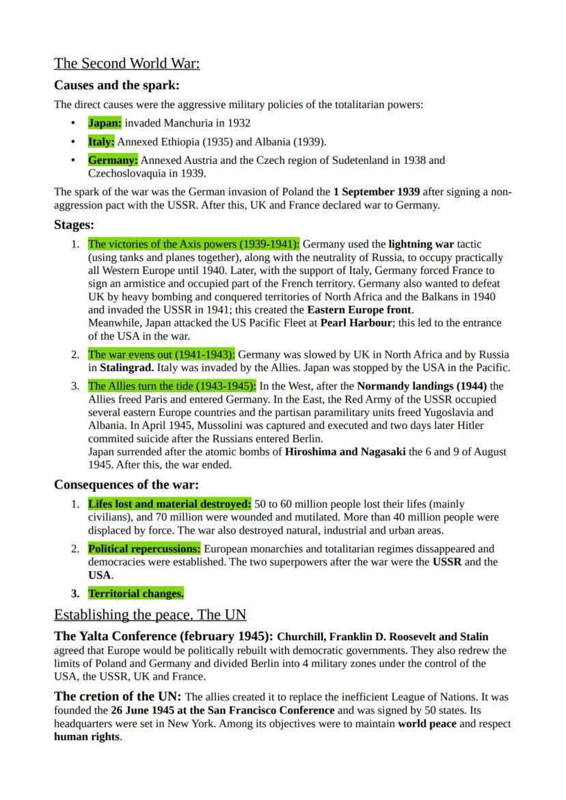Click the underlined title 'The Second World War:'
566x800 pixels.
(126, 64)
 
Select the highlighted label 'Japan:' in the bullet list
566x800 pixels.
(104, 123)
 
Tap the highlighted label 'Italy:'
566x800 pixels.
(101, 142)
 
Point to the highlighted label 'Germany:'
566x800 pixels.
(113, 161)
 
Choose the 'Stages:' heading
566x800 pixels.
(74, 224)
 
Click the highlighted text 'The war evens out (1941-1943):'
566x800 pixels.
(161, 355)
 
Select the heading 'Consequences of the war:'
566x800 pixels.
(126, 485)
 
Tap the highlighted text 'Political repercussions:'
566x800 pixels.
(144, 549)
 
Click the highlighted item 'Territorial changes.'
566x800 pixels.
(135, 594)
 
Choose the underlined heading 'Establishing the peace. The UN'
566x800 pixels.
(150, 614)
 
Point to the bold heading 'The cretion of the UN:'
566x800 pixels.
(118, 697)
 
